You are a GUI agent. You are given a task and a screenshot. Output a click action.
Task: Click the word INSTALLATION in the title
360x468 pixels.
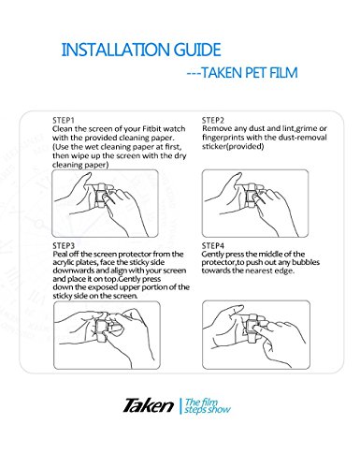pyautogui.click(x=115, y=50)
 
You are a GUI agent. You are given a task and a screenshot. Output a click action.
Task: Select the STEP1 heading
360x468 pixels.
pyautogui.click(x=64, y=120)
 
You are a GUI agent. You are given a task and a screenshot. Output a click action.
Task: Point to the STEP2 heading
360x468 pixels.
pyautogui.click(x=213, y=120)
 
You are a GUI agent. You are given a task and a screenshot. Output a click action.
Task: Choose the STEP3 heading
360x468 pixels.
pyautogui.click(x=64, y=245)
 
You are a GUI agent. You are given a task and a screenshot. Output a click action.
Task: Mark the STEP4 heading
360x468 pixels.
pyautogui.click(x=213, y=245)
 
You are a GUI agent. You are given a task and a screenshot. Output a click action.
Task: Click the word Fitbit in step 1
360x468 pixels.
pyautogui.click(x=151, y=129)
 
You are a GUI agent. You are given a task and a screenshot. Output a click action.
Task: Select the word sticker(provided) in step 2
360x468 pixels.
pyautogui.click(x=233, y=146)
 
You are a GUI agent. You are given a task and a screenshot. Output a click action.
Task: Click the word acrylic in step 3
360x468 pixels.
pyautogui.click(x=62, y=262)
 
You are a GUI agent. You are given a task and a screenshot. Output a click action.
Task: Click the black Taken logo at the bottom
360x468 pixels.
pyautogui.click(x=149, y=406)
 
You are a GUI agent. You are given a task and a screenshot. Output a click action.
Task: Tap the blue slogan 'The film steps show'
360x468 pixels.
pyautogui.click(x=208, y=406)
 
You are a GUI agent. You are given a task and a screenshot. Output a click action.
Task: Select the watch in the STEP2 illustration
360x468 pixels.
pyautogui.click(x=251, y=197)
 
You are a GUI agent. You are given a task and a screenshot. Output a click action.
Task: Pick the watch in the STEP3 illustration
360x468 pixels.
pyautogui.click(x=101, y=328)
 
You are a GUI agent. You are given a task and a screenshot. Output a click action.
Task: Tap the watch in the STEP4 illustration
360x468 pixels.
pyautogui.click(x=252, y=326)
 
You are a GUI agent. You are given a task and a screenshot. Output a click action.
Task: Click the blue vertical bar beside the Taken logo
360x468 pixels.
pyautogui.click(x=180, y=406)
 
